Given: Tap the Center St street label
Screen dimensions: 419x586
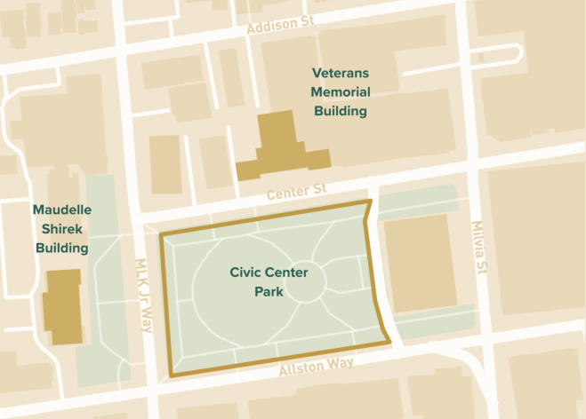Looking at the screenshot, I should [297, 191].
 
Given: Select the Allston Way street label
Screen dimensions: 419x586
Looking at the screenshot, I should [316, 366].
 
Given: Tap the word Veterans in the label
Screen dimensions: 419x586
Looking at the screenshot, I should [340, 73].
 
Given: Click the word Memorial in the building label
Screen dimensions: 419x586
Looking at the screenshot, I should [340, 92].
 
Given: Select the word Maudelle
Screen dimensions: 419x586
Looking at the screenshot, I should [62, 210].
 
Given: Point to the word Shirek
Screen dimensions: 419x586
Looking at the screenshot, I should [62, 229].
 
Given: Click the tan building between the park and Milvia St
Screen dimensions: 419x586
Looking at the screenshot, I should [419, 264].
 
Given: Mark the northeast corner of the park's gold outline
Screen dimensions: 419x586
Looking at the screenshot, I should [366, 203].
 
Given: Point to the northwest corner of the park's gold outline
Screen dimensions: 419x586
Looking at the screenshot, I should [161, 234].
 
